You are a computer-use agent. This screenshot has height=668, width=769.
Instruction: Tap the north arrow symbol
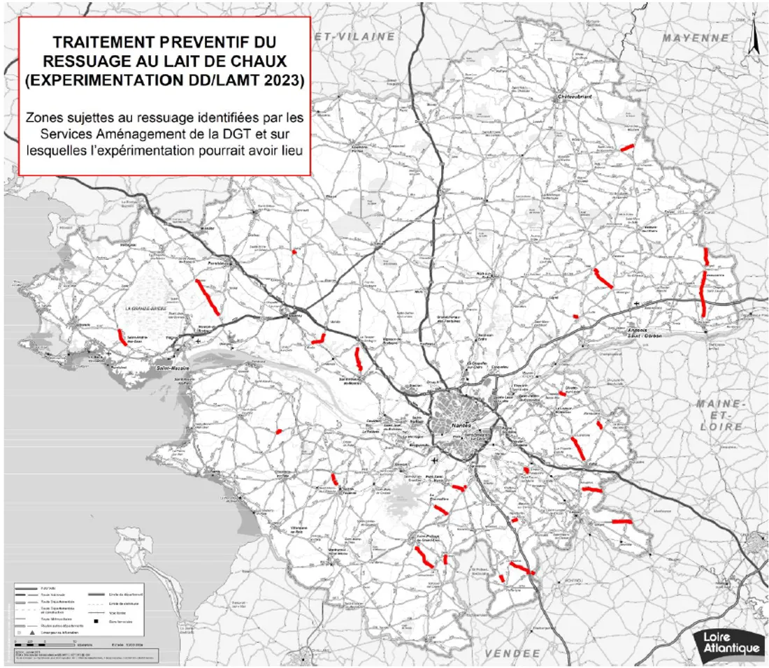coord(754,38)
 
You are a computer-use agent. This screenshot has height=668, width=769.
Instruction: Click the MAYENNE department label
coord(696,38)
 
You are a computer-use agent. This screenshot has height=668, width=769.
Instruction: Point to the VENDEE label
coord(513,653)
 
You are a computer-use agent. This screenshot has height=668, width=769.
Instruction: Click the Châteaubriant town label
coord(575,97)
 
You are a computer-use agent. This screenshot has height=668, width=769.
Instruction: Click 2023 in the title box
coord(280,81)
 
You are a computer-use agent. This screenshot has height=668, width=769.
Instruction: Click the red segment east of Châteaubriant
coord(628,147)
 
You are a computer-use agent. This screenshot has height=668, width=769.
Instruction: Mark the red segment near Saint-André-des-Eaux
coord(122,337)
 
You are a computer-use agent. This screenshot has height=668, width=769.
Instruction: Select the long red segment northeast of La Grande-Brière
coord(208,297)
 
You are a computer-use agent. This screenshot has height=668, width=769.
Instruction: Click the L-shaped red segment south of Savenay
coord(319,340)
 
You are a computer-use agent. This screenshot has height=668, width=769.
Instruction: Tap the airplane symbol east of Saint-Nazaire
coord(199,342)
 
